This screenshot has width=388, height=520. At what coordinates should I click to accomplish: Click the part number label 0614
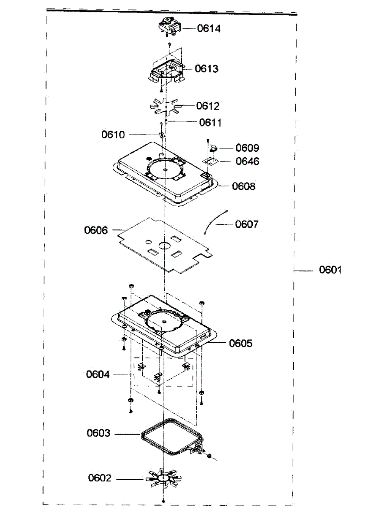click(x=209, y=29)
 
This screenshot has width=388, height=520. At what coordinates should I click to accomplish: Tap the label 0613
click(x=206, y=69)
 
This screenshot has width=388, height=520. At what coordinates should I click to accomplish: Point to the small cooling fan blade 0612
click(x=166, y=106)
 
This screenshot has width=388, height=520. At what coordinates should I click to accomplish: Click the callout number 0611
click(x=211, y=123)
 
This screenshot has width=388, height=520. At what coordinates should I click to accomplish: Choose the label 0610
click(x=113, y=135)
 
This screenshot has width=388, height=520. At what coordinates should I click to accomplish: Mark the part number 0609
click(x=247, y=148)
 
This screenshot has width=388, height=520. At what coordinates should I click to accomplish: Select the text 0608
click(x=244, y=186)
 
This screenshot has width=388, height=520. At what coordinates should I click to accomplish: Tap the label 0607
click(x=247, y=224)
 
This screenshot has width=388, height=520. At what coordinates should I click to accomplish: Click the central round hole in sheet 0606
click(x=165, y=245)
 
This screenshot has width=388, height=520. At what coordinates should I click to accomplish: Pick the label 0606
click(x=96, y=230)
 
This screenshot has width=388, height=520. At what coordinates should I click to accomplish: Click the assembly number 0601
click(x=331, y=270)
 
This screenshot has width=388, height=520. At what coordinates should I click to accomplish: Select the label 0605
click(x=241, y=344)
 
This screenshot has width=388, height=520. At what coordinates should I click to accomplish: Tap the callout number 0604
click(x=98, y=374)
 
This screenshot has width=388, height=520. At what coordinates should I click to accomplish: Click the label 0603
click(x=98, y=433)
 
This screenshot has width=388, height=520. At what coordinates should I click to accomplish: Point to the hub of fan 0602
click(x=164, y=478)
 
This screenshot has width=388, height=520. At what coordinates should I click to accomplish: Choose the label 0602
click(x=100, y=478)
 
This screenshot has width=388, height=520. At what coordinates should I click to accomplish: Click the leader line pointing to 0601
click(x=303, y=270)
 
